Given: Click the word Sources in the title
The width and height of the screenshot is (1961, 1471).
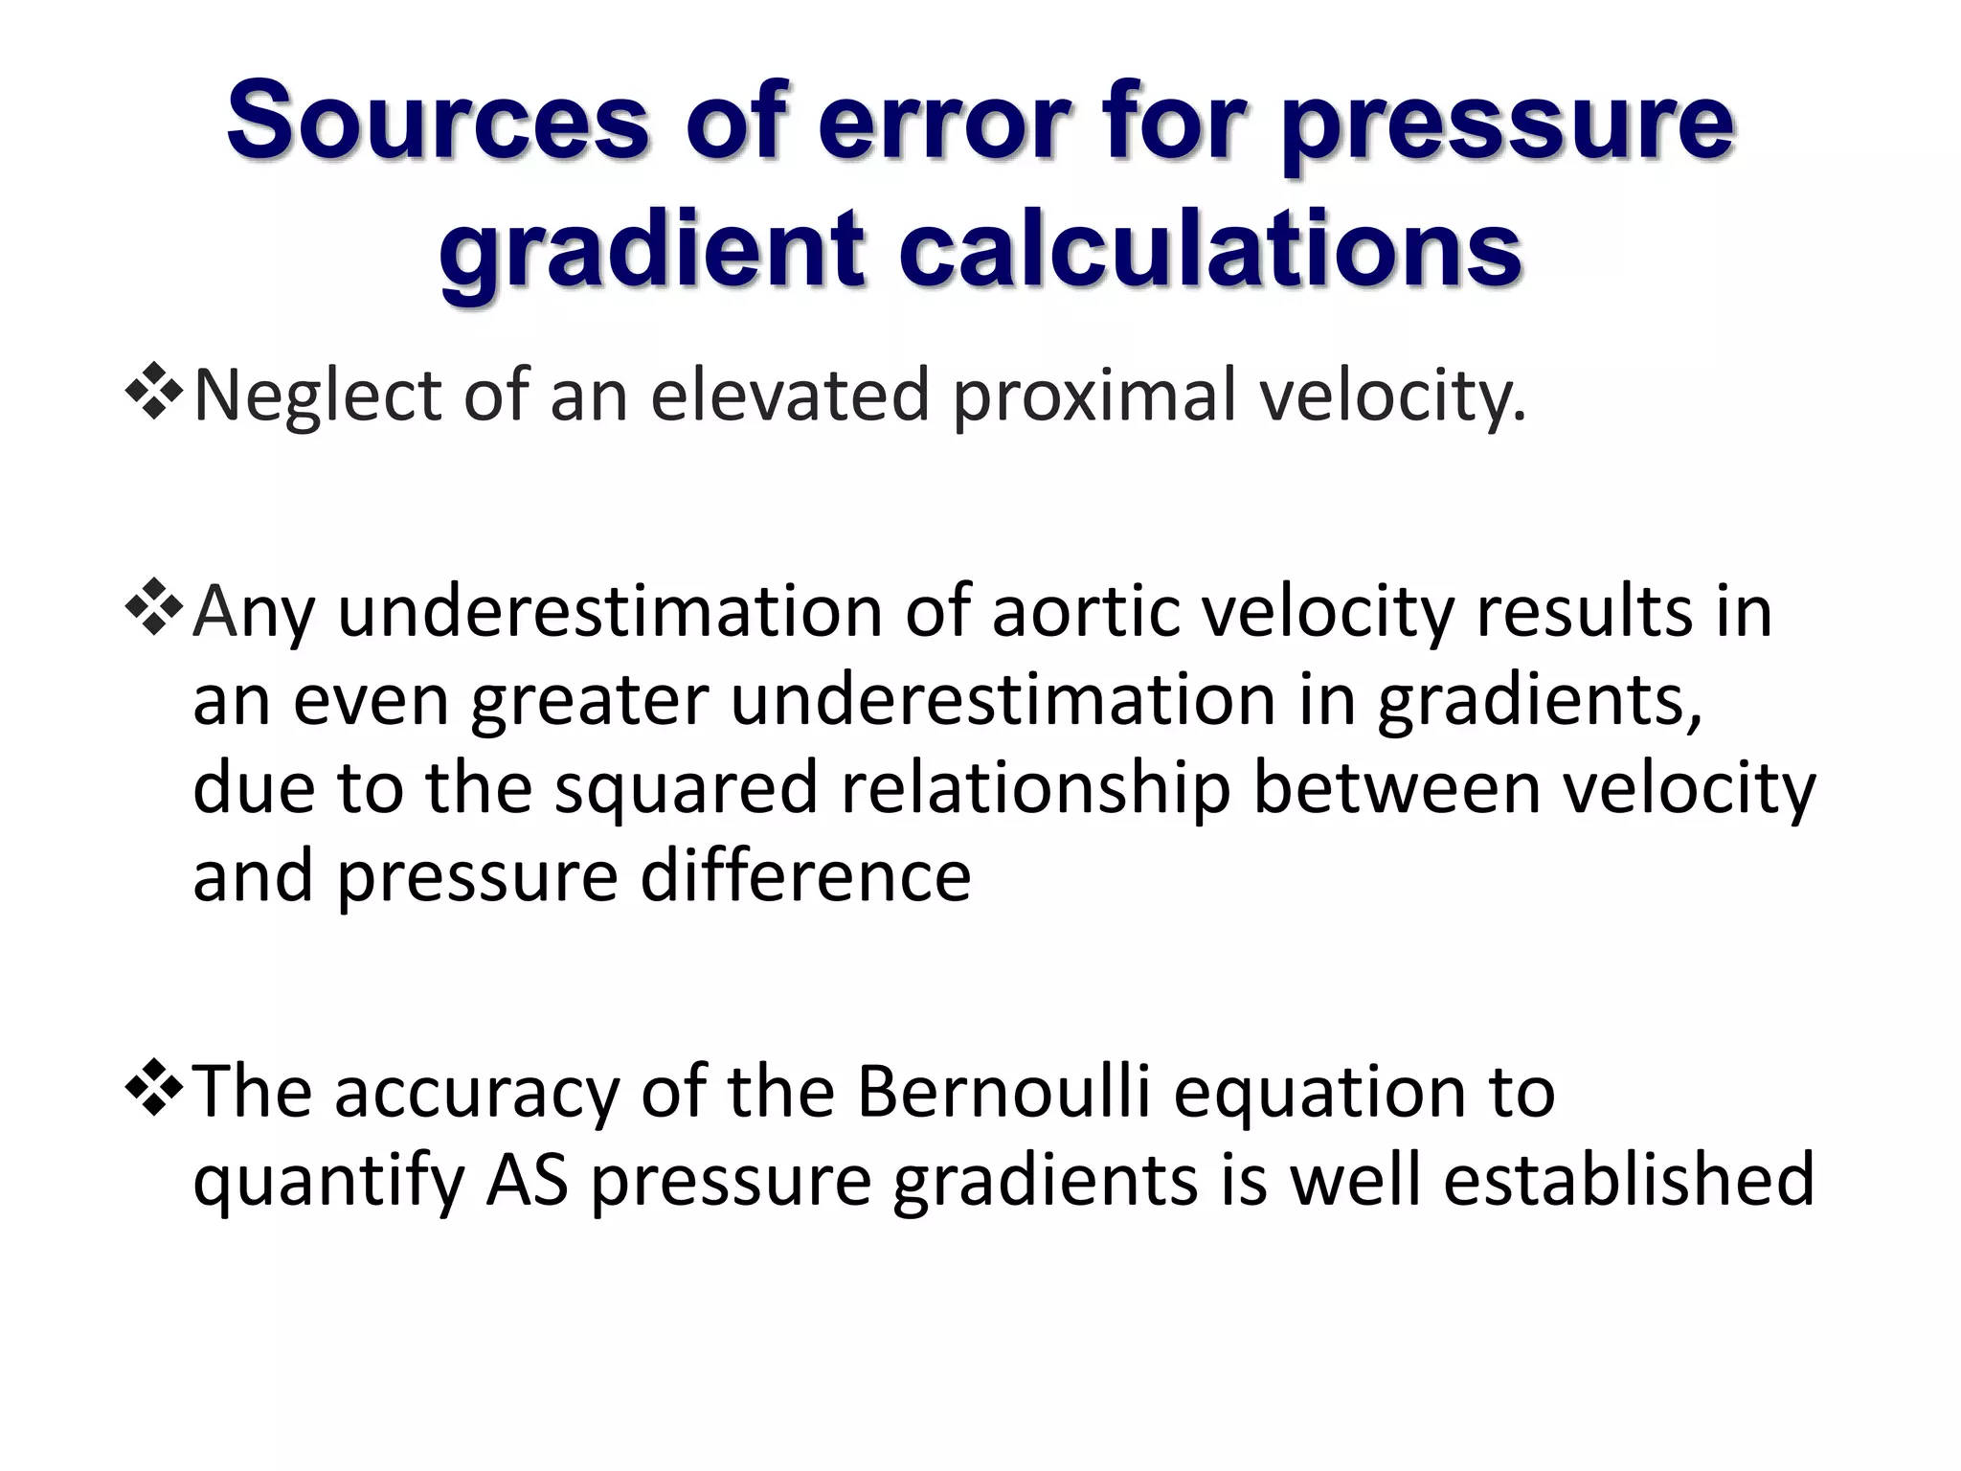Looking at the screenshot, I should tap(438, 122).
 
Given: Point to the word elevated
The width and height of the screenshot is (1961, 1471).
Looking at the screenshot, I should tap(790, 395).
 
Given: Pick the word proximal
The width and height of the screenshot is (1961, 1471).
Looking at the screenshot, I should tap(1094, 395).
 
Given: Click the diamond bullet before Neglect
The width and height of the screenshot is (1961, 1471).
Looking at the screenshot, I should tap(153, 392).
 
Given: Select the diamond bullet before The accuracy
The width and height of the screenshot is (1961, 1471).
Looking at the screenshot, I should tap(153, 1089).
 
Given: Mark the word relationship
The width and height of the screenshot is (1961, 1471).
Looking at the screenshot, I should tap(1035, 788).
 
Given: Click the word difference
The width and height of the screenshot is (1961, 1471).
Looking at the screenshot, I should tap(805, 875).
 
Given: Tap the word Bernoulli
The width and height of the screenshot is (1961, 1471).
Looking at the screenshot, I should tap(1003, 1091).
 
